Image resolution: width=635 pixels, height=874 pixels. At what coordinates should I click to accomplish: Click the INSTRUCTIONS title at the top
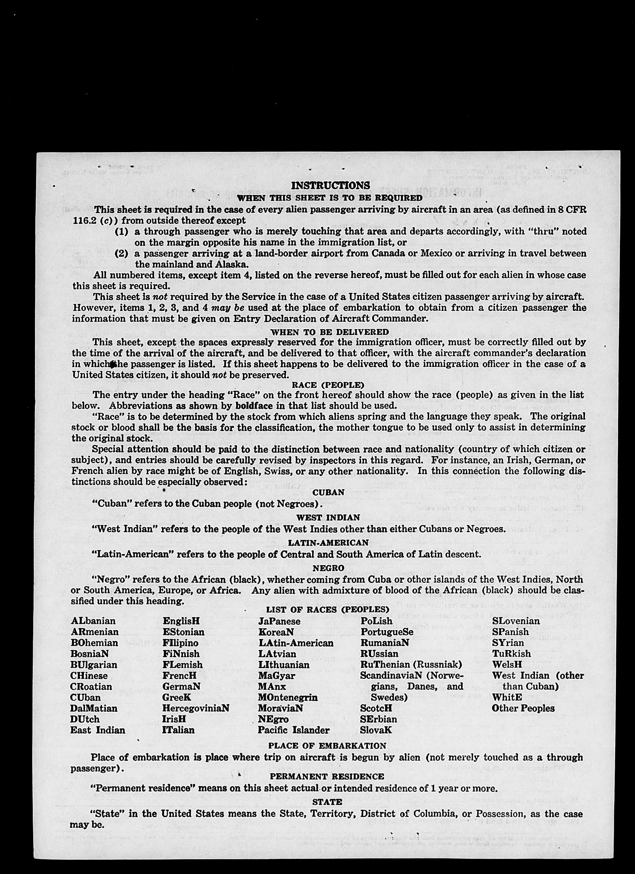330,185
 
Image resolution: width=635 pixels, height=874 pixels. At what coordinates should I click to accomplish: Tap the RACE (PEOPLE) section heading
328,385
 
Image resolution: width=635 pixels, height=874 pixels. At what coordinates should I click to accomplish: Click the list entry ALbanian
93,621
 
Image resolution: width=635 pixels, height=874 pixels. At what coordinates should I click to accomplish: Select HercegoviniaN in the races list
195,708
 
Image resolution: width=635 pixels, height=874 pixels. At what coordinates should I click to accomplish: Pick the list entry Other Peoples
523,708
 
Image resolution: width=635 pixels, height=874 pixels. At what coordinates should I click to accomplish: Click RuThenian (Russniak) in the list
411,665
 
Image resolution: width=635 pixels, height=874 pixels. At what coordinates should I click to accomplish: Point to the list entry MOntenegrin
288,697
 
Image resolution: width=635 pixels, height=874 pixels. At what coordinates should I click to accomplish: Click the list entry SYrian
508,643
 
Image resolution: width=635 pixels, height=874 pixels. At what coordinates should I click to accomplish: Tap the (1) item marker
121,231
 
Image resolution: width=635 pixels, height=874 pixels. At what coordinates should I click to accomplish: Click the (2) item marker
121,254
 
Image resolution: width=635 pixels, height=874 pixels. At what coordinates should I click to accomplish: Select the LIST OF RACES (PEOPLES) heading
327,610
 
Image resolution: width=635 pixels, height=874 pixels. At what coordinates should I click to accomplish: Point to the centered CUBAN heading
328,493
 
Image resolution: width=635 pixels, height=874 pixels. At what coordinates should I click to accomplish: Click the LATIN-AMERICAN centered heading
328,543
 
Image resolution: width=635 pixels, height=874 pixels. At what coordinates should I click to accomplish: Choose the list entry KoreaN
276,632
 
